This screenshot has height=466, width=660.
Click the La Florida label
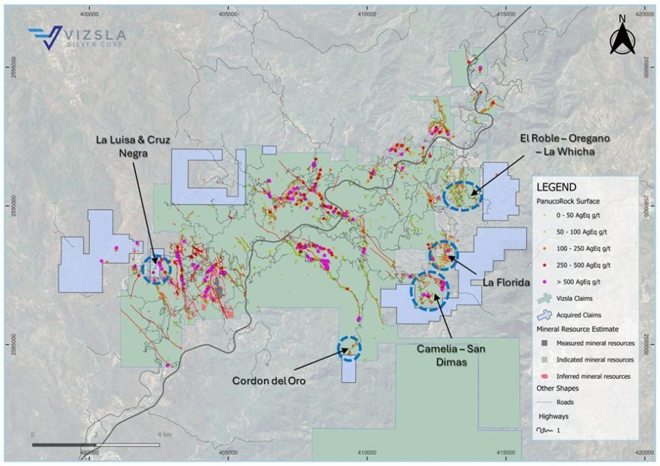pyautogui.click(x=498, y=281)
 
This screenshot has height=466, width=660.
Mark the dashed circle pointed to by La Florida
pyautogui.click(x=443, y=254)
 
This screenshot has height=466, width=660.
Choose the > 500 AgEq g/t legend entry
pyautogui.click(x=577, y=281)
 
